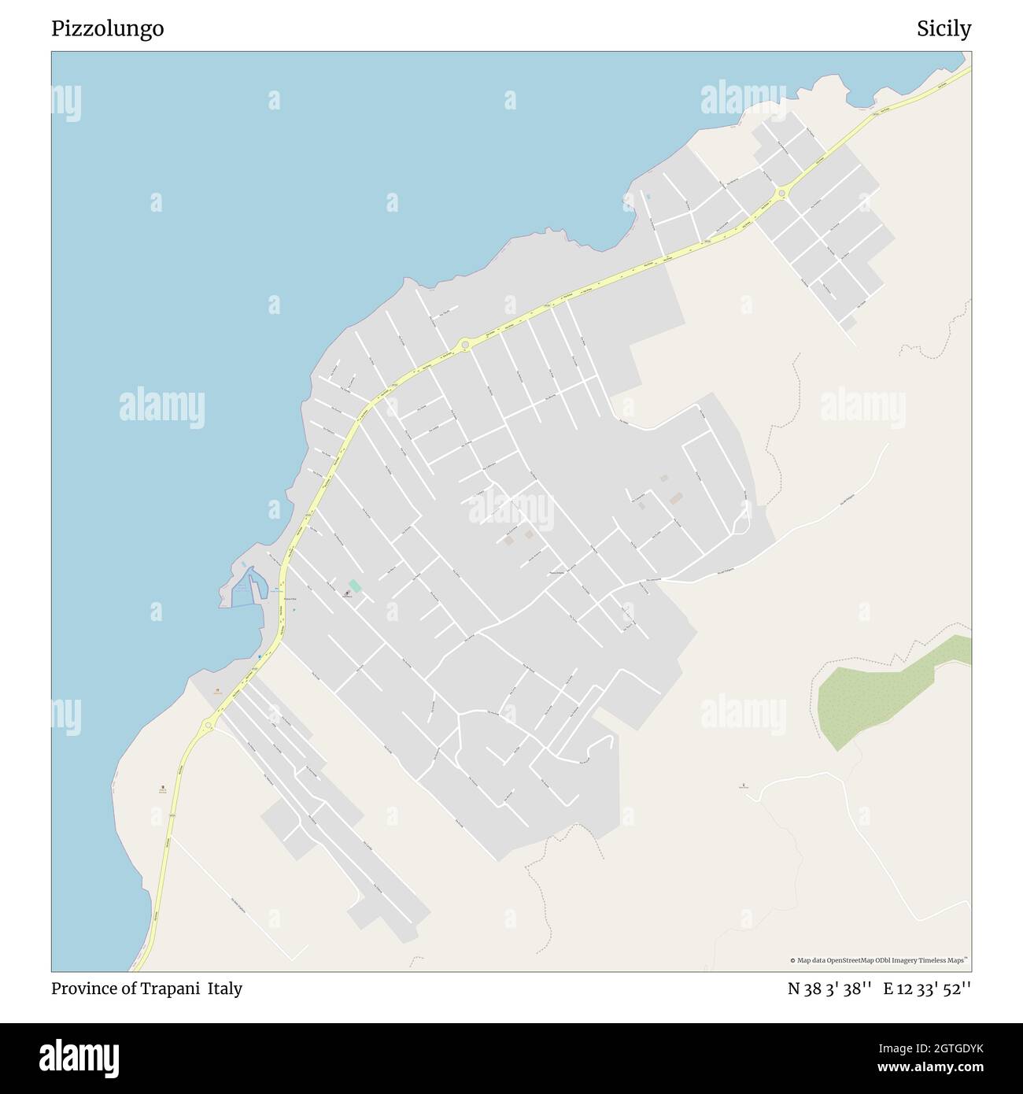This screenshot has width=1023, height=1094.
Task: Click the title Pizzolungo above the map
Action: click(108, 29)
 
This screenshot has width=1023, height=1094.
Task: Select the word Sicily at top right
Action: click(944, 29)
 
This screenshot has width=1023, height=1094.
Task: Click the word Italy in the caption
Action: click(225, 989)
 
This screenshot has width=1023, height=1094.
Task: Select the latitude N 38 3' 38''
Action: click(829, 989)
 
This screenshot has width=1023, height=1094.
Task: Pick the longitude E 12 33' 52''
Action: click(927, 989)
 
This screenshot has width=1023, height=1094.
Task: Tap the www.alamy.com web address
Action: click(930, 1068)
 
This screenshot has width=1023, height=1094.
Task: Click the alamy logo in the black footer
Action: click(79, 1057)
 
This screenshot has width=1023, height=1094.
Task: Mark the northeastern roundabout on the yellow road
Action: click(782, 193)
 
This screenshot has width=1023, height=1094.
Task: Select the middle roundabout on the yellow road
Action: click(465, 344)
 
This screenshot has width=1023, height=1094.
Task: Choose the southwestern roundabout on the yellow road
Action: click(209, 726)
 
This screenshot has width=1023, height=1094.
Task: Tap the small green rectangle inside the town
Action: click(355, 586)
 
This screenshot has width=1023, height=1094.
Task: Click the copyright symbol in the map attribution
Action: click(793, 960)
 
